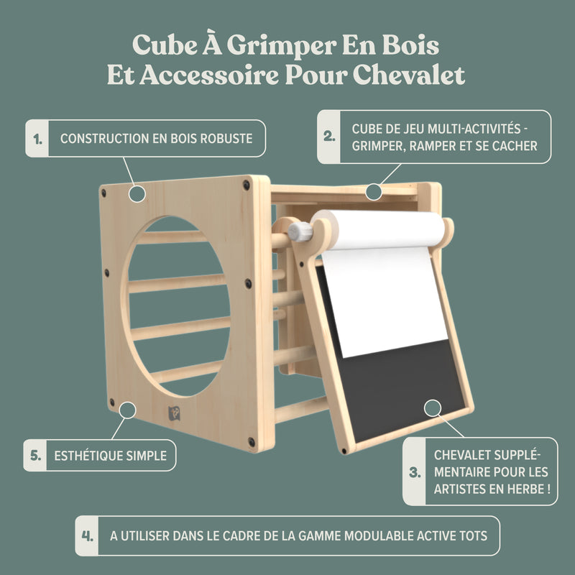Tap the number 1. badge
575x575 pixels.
37,138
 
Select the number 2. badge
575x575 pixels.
329,137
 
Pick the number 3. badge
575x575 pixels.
414,471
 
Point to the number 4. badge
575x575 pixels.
87,535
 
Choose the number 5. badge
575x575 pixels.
34,455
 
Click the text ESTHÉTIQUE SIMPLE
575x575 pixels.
110,456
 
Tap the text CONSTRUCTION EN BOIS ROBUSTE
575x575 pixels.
156,138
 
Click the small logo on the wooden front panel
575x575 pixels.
173,413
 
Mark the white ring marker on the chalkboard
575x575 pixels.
432,408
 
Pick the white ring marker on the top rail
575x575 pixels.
372,191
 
